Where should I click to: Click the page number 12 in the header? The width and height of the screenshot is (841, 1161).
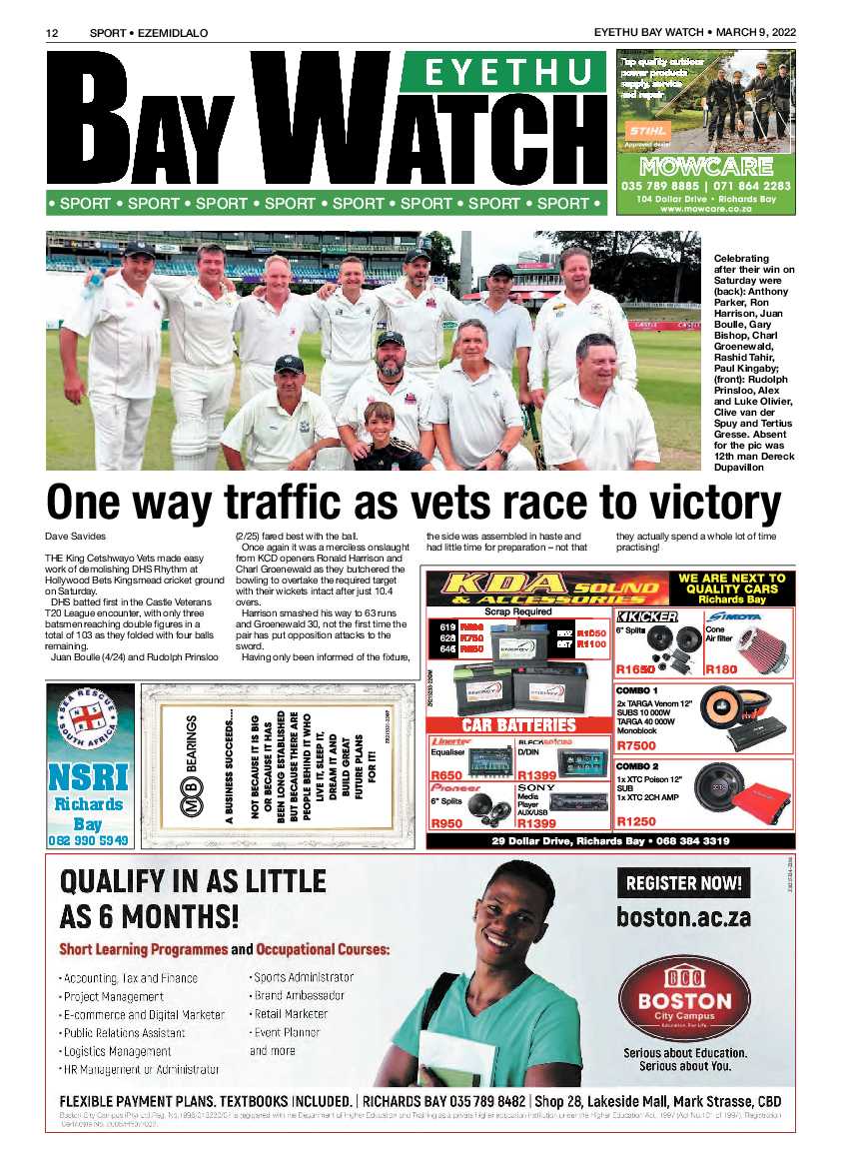[53, 33]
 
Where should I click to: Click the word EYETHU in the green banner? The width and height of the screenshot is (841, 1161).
[503, 73]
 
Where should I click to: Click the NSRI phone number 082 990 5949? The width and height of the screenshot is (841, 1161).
[90, 840]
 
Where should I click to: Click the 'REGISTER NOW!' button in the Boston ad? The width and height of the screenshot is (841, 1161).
[684, 882]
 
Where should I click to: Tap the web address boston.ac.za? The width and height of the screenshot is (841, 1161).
[683, 916]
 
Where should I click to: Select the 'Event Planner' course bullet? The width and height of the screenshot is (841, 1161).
[287, 1032]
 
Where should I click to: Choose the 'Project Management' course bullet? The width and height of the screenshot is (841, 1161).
[113, 996]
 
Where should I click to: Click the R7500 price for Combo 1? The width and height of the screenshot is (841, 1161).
[637, 746]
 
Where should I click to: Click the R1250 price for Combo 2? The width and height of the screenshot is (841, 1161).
[637, 821]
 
